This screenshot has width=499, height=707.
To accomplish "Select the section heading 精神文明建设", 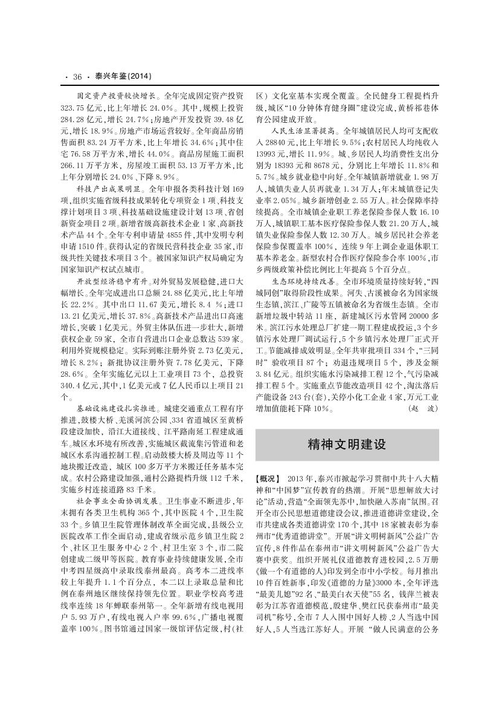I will [x=347, y=445].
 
